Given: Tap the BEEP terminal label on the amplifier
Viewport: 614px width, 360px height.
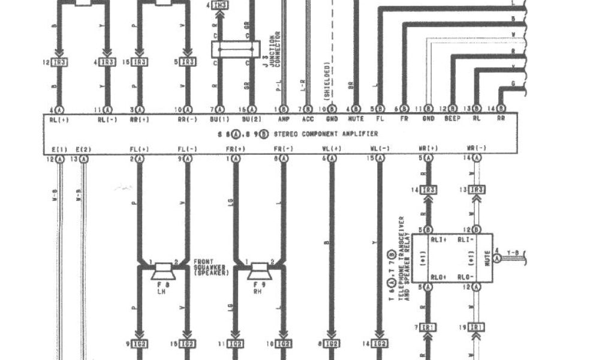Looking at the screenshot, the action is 452,119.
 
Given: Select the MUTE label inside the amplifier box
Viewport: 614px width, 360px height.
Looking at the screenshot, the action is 356,119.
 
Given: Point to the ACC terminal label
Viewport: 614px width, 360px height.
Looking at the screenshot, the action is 308,119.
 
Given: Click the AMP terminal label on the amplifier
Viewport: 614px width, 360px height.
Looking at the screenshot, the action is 284,119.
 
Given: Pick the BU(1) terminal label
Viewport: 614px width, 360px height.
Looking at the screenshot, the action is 219,119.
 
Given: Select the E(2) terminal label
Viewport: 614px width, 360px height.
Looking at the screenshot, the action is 84,148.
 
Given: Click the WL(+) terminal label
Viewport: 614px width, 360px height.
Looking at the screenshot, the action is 332,148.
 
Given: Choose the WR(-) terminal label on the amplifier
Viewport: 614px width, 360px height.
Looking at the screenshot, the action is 477,148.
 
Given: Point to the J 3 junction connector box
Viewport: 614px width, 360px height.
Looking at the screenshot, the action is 235,49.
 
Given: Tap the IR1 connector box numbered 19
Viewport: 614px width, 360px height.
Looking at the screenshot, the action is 477,326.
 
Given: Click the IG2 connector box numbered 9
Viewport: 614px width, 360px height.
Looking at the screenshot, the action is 139,344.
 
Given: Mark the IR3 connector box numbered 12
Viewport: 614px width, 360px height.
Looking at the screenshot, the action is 59,62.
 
